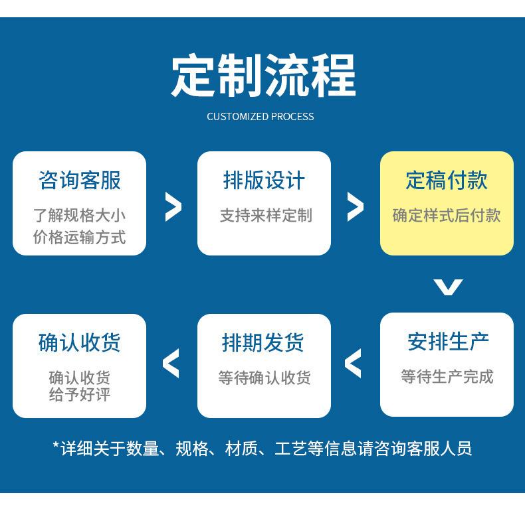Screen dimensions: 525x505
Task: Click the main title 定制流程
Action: coord(263,76)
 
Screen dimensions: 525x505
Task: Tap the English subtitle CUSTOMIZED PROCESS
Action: coord(261,116)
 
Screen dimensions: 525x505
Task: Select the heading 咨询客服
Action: coord(79,180)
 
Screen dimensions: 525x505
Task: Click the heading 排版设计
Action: coord(264,180)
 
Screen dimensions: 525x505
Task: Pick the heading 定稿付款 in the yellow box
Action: coord(447,180)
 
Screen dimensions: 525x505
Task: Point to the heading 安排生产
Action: coord(448,342)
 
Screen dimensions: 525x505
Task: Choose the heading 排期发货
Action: coord(263,343)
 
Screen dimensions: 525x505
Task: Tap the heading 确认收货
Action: coord(79,343)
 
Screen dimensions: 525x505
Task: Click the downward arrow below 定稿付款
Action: coord(448,287)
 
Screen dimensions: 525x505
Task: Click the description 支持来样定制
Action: coord(266,216)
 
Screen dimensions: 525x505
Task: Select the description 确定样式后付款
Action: coord(447,216)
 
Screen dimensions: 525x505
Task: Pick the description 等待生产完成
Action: coord(447,376)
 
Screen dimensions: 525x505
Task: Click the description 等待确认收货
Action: coord(264,378)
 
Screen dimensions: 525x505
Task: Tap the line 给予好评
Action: coord(80,394)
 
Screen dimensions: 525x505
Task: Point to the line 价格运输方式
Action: coord(79,237)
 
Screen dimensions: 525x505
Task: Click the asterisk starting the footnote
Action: coord(56,445)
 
